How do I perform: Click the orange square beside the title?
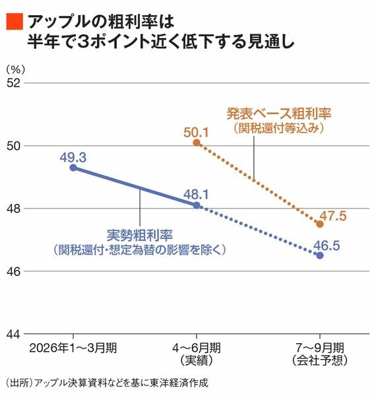(x=15, y=22)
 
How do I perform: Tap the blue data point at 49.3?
(x=73, y=168)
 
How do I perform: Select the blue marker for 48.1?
(x=197, y=205)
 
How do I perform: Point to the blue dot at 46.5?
(x=320, y=255)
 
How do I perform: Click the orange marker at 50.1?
(x=197, y=143)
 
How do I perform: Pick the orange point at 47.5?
(x=320, y=224)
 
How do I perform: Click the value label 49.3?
(x=73, y=158)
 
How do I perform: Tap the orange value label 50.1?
(x=197, y=133)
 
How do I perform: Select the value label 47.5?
(x=333, y=216)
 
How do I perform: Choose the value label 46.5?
(x=327, y=246)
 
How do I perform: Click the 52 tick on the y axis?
(x=13, y=83)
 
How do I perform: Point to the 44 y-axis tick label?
(x=13, y=335)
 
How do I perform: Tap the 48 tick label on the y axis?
(x=13, y=209)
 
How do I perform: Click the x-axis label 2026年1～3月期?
(x=73, y=348)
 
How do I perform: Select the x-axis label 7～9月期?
(x=320, y=348)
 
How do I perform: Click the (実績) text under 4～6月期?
(x=197, y=360)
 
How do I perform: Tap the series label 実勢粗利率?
(x=140, y=236)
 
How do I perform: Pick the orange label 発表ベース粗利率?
(x=279, y=114)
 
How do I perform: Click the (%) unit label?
(x=16, y=69)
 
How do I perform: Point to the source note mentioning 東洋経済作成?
(x=107, y=383)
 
